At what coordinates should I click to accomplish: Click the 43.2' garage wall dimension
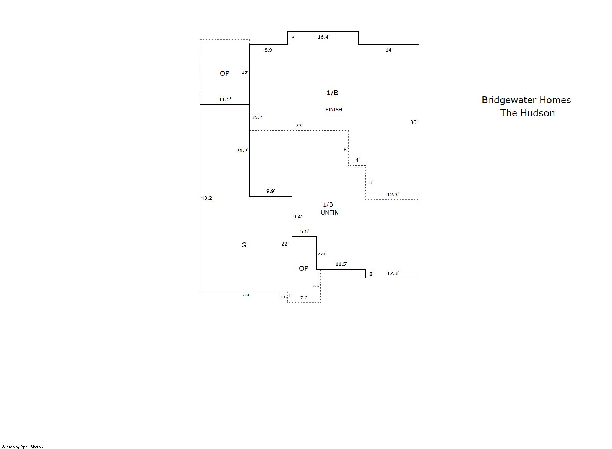[x=207, y=198]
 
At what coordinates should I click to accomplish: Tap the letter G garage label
[x=244, y=245]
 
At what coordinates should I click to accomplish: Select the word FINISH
[x=334, y=110]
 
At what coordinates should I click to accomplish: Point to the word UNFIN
[x=330, y=212]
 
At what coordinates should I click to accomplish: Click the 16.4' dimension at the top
[x=323, y=37]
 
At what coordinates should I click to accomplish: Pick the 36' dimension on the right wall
[x=414, y=122]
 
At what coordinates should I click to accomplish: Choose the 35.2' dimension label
[x=257, y=117]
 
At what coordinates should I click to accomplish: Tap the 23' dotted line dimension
[x=299, y=126]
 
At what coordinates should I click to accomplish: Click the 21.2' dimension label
[x=242, y=150]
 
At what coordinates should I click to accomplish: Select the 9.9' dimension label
[x=271, y=191]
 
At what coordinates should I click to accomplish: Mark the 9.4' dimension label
[x=297, y=217]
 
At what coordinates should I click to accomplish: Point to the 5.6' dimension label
[x=304, y=232]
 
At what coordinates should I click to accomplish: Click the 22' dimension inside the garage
[x=285, y=244]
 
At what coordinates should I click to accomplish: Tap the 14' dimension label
[x=389, y=50]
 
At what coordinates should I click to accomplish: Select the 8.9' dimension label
[x=269, y=50]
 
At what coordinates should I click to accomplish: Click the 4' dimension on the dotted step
[x=357, y=160]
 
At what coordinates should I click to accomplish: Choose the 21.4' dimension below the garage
[x=246, y=295]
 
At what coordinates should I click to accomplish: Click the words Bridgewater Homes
[x=526, y=100]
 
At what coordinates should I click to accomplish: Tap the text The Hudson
[x=528, y=113]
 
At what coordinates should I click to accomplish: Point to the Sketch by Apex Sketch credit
[x=23, y=447]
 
